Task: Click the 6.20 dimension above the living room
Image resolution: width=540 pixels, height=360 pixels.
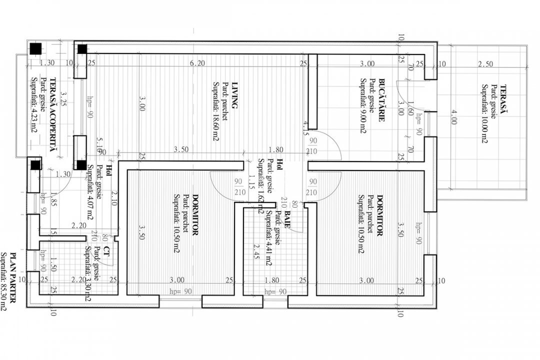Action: (x=197, y=63)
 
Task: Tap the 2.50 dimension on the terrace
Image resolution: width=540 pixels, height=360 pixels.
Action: (x=485, y=63)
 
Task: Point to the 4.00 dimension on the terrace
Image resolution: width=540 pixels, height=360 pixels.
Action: (x=453, y=116)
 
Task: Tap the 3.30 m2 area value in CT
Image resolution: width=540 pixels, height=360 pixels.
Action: (x=88, y=284)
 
